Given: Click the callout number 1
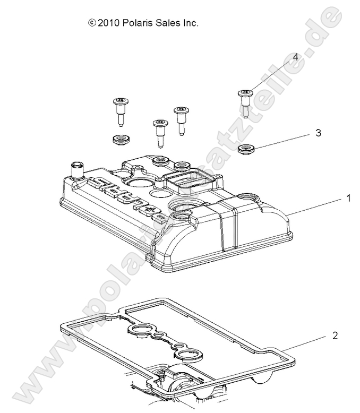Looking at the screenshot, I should tap(348, 199).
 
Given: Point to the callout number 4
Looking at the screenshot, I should tap(295, 57).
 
